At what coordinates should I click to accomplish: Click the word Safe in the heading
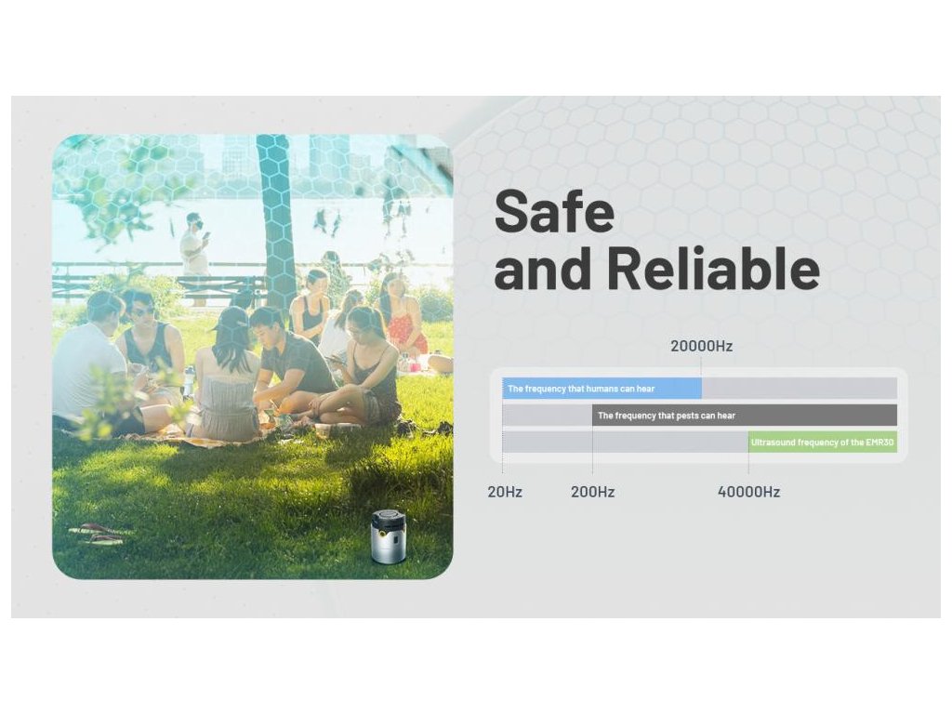[554, 211]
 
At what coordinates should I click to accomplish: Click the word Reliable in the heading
[713, 268]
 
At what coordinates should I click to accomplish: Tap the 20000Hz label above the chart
[701, 346]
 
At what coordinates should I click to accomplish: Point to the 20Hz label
[505, 492]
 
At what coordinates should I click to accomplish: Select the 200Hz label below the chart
[592, 492]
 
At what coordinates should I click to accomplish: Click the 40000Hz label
[748, 492]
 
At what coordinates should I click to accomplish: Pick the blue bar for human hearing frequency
[602, 389]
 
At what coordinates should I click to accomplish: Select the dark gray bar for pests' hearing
[745, 416]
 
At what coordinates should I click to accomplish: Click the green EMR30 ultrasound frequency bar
[822, 442]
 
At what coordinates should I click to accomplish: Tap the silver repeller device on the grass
[388, 536]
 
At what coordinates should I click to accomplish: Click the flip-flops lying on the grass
[97, 534]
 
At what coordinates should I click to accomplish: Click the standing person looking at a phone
[195, 249]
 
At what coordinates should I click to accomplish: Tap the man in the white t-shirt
[91, 364]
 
